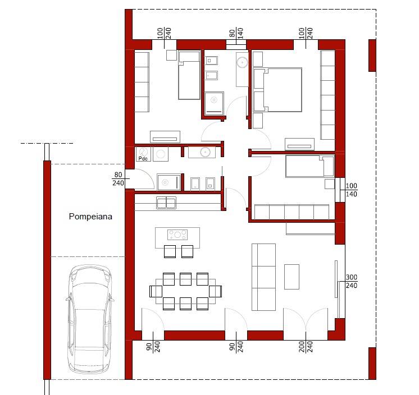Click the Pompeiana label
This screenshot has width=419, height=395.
point(90,216)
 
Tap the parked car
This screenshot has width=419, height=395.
point(90,319)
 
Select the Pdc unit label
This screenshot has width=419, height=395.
point(143,159)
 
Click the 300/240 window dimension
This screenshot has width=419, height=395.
point(352,281)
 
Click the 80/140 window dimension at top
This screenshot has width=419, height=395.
point(236,33)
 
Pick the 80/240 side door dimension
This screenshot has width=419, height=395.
point(118,179)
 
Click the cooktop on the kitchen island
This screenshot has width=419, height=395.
point(177,235)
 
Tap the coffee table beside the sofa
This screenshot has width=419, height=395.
point(292,277)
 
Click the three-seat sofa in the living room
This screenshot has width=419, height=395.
point(263,277)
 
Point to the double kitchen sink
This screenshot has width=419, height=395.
point(166,203)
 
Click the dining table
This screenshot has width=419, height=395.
point(186,291)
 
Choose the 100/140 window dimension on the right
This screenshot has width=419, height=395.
point(352,190)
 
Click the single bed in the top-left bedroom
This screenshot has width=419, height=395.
point(189,75)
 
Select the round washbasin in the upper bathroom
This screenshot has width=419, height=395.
point(243,62)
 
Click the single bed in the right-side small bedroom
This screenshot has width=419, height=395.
point(310,166)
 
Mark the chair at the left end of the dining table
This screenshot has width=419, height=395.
point(156,291)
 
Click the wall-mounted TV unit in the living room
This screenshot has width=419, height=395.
point(336,279)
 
